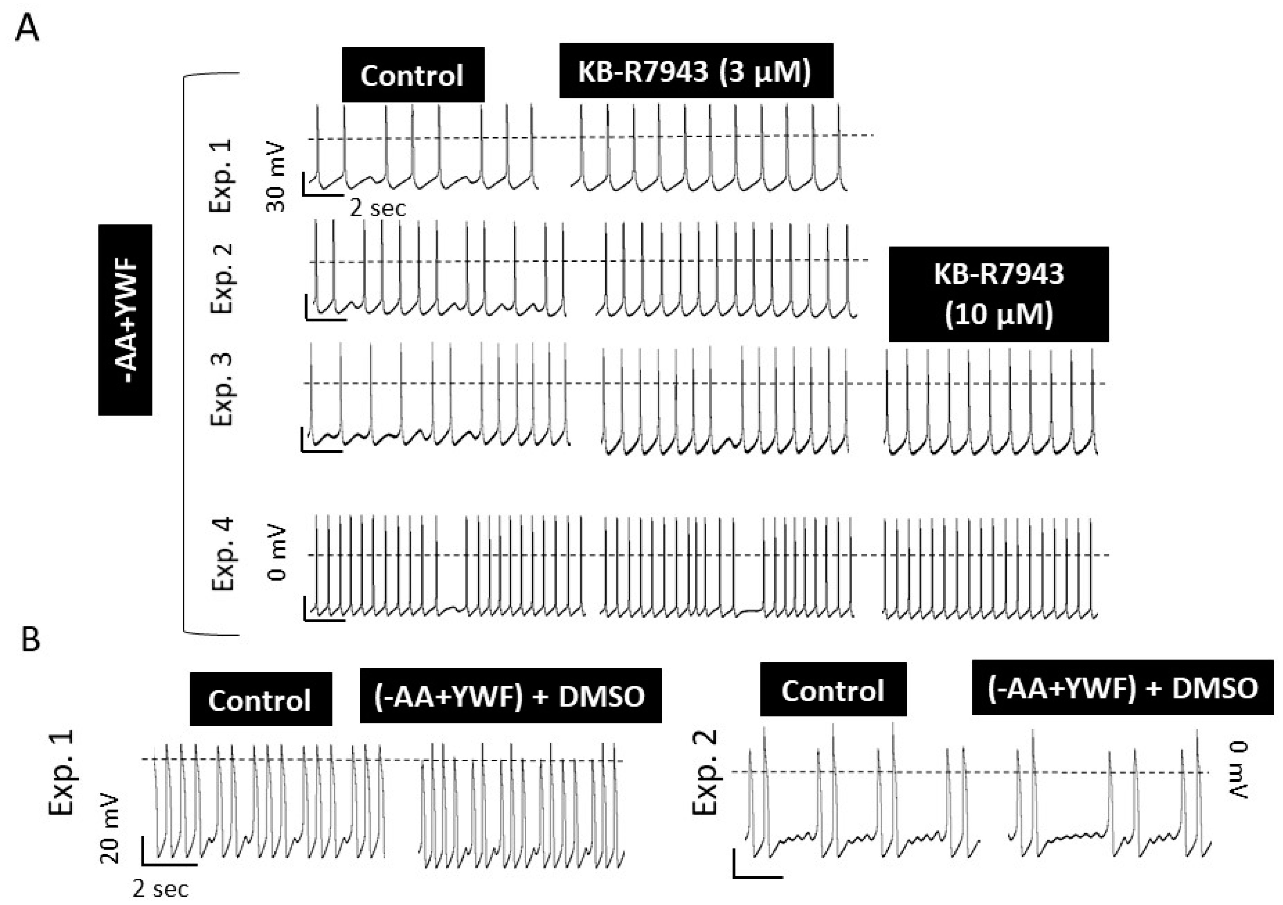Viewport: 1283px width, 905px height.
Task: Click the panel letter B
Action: coord(31,640)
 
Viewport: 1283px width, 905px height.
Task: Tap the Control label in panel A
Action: coord(412,75)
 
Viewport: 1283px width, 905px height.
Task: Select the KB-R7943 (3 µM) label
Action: coord(696,71)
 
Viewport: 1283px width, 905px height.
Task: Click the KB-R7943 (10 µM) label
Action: coord(999,295)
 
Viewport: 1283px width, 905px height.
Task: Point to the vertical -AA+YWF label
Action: coord(126,320)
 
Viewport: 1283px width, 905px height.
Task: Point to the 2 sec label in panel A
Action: coord(378,209)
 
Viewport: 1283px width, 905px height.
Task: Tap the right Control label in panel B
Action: coord(833,690)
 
